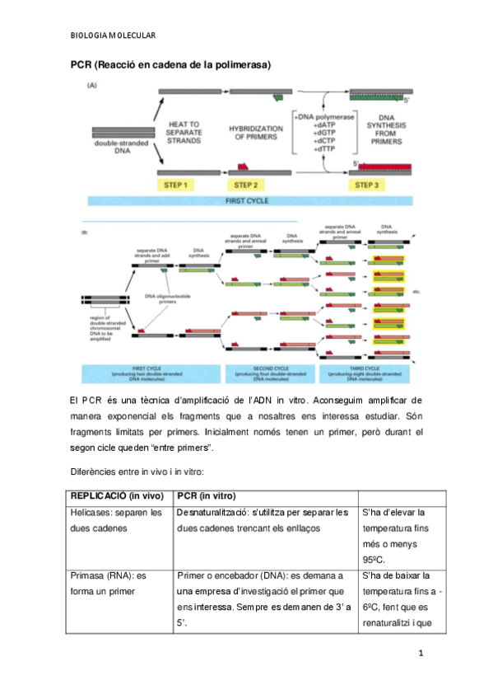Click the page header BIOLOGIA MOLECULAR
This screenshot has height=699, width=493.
pos(113,35)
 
